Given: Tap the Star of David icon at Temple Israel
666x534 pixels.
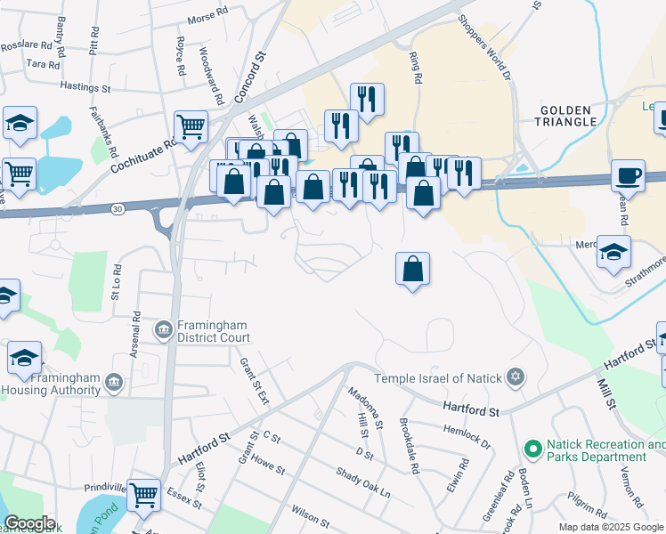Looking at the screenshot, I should coord(513,379).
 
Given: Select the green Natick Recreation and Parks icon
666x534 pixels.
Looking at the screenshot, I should coord(532,449).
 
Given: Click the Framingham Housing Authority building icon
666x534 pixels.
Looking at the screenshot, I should coord(113,382).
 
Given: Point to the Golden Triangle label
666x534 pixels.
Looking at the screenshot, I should coord(567,115).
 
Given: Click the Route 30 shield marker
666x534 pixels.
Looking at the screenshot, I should coord(118,208).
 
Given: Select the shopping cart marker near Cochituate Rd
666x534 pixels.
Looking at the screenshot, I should coord(191,126).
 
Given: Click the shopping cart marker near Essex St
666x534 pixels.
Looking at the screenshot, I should coord(142,495).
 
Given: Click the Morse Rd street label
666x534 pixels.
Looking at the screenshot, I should coord(208,16).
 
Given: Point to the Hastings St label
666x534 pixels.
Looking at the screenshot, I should coord(85,88).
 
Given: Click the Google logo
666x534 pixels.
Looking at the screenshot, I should coord(29,523).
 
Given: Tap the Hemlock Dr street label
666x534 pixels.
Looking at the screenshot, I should coord(467,433).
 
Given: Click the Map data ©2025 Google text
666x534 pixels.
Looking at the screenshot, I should coord(611,527).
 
